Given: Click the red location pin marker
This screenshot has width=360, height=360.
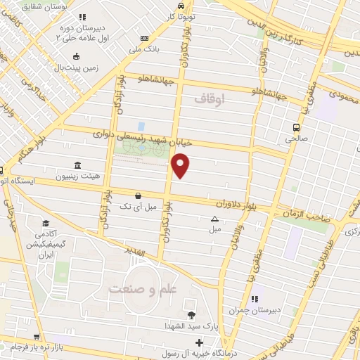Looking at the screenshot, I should [x=181, y=166].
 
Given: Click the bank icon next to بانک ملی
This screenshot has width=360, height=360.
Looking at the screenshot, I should [x=145, y=38].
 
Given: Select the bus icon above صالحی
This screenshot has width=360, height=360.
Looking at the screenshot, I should [x=297, y=127].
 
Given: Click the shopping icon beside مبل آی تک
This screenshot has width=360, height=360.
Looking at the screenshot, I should [x=138, y=195].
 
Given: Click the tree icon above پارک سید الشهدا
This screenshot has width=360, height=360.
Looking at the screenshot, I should [x=191, y=314].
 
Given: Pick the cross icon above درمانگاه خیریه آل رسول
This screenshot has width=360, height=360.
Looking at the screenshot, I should [x=200, y=343].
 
